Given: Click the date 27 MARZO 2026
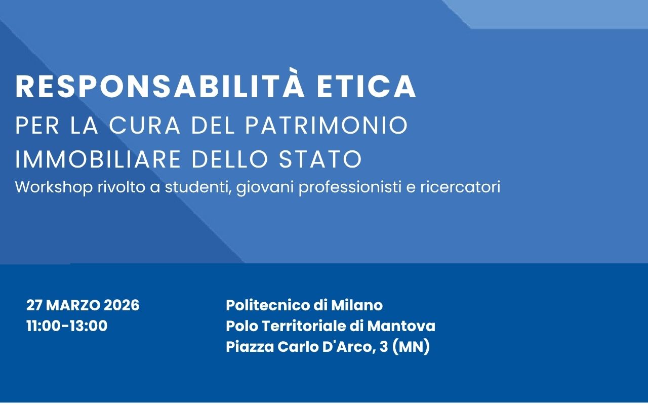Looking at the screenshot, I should [x=83, y=305].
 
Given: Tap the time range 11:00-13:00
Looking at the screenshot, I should [x=67, y=326].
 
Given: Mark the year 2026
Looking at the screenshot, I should [x=121, y=305].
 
